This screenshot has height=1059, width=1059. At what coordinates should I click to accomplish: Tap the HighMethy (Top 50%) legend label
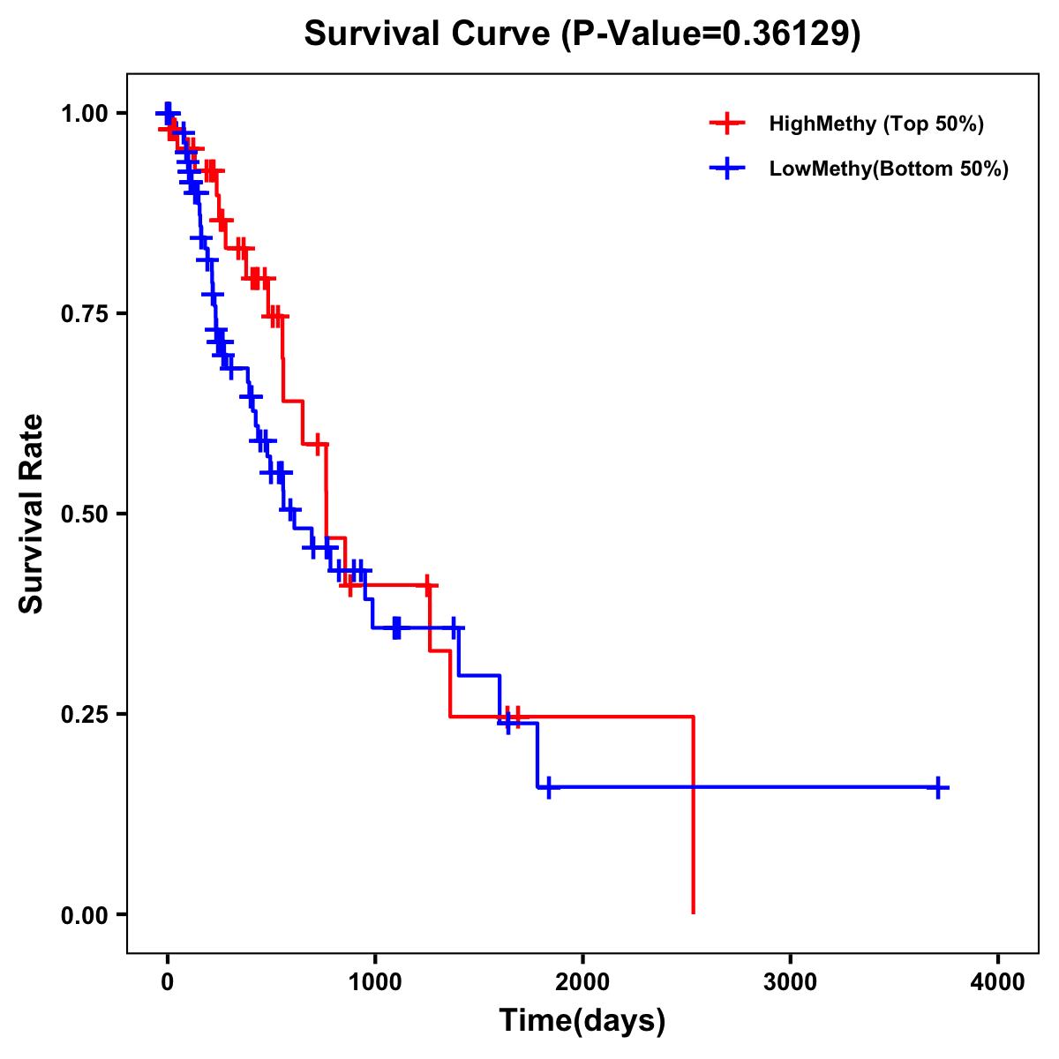click(875, 124)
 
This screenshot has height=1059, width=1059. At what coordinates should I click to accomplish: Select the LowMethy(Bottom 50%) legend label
click(888, 169)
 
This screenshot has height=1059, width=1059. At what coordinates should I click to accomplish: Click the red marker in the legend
click(726, 124)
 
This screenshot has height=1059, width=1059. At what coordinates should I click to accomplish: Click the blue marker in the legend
click(726, 169)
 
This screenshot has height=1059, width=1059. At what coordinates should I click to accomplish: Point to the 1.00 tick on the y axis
click(84, 113)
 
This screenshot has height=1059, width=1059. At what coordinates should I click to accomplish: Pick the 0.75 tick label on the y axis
click(84, 313)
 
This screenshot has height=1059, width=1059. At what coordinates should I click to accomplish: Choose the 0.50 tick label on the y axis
click(84, 514)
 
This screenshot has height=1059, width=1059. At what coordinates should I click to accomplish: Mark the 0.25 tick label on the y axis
click(84, 714)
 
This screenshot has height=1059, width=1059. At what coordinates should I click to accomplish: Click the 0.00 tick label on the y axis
click(84, 914)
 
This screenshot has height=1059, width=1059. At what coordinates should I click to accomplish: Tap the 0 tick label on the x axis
click(167, 981)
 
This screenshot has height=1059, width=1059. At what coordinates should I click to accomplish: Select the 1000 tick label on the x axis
click(374, 981)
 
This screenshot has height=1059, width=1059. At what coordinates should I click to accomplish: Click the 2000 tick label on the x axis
click(582, 981)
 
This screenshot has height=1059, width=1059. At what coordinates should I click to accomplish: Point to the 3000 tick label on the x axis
click(790, 981)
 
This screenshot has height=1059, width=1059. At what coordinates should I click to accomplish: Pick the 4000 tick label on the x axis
click(998, 981)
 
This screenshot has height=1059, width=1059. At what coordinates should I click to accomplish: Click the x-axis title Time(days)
click(582, 1021)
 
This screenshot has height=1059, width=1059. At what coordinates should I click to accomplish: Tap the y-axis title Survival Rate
click(32, 514)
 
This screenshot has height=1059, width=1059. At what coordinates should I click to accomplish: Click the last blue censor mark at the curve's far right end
click(939, 787)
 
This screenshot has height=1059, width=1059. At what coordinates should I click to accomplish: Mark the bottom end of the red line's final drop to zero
click(693, 913)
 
